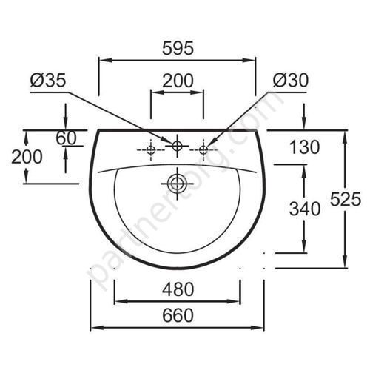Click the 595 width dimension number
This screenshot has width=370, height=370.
point(178,48)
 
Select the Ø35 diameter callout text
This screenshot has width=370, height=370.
point(48,81)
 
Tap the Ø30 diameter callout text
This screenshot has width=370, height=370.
point(291,81)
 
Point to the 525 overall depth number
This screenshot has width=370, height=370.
point(346,199)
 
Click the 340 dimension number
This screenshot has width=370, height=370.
point(305,209)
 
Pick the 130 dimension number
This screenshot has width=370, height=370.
point(304,147)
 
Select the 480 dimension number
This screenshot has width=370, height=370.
point(178,289)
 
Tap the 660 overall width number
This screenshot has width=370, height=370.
point(178,315)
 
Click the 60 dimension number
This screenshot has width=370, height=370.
point(66,138)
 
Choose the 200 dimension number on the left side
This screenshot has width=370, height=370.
point(27,157)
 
